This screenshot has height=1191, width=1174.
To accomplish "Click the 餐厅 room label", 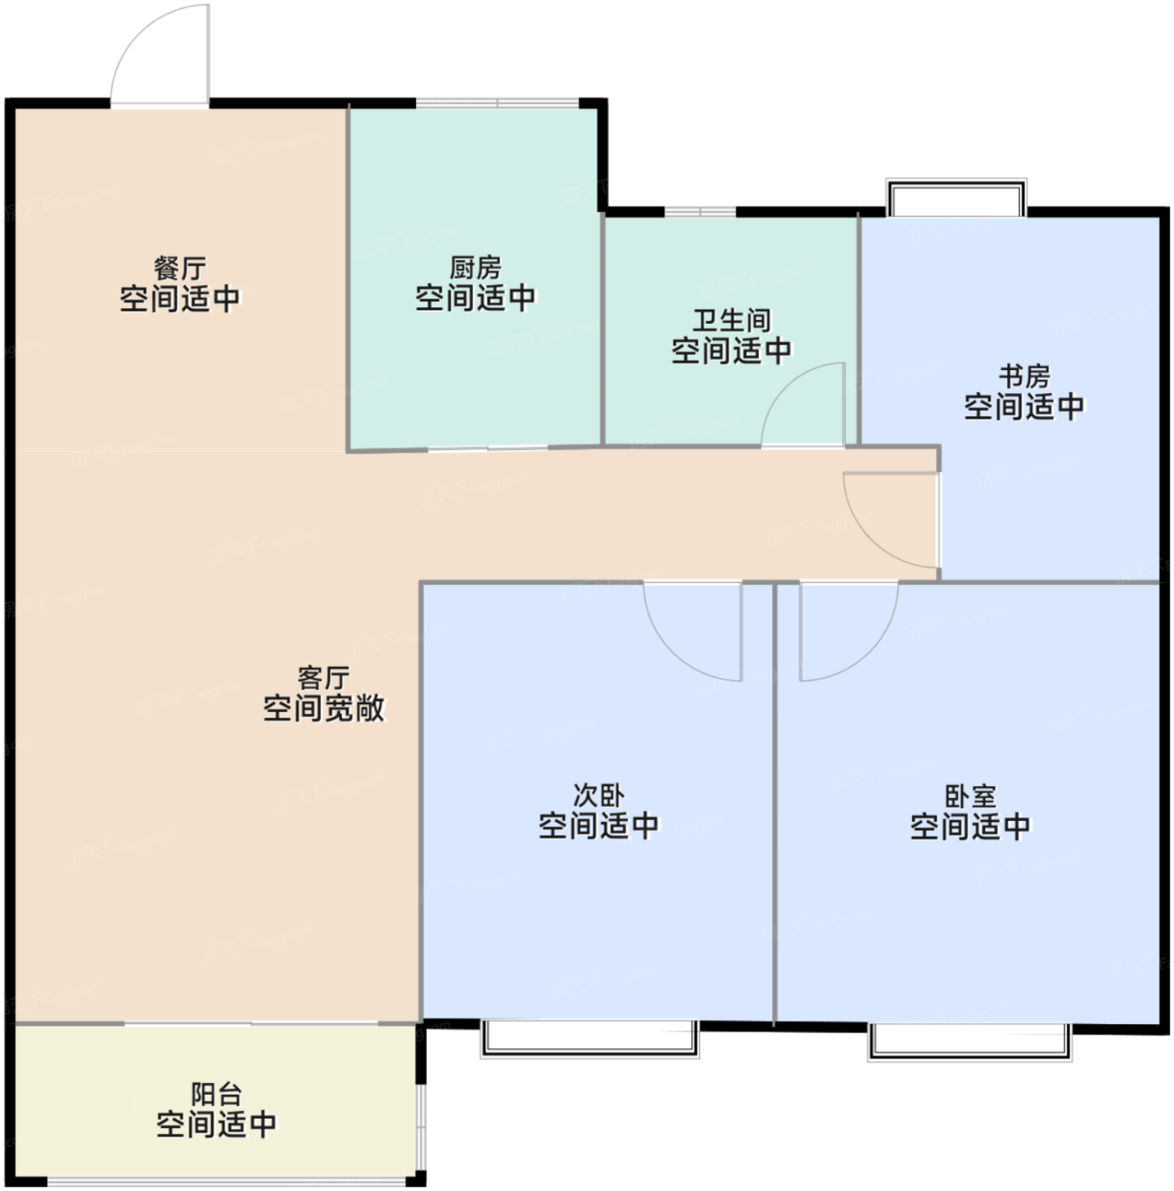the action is point(180,269).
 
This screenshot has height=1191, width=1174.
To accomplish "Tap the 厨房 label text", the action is point(476,268).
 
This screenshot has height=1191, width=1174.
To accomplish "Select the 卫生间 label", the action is point(732,321).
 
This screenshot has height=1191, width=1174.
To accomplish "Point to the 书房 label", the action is point(1024,376).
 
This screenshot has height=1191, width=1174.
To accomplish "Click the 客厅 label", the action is point(324,678).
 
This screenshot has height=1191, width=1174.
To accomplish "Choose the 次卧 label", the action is point(598,795).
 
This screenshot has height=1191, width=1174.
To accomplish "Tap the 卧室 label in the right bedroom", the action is point(971,796).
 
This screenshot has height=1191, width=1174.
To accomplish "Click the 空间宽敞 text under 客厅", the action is point(324,709).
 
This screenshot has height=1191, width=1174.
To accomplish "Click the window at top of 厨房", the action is point(497,102).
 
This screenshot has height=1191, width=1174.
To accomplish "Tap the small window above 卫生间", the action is point(700,212).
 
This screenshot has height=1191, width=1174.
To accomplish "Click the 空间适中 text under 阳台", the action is point(216,1125).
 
